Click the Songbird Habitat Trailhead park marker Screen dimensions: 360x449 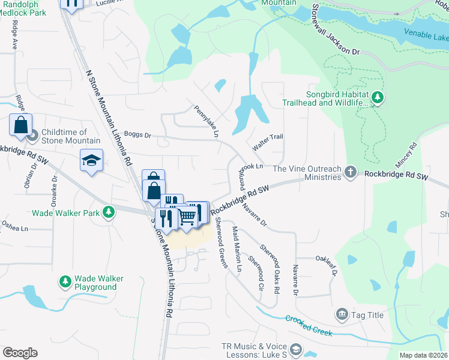click(x=377, y=97)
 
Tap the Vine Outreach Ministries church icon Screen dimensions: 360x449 click(x=351, y=173)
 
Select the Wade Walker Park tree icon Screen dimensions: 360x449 click(x=109, y=212)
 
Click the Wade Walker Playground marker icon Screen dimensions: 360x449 click(x=65, y=281)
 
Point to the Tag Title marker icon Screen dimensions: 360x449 click(x=342, y=314)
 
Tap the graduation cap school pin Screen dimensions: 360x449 click(x=91, y=160)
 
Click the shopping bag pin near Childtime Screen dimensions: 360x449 click(x=20, y=125)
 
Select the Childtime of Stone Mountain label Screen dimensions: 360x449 click(x=64, y=136)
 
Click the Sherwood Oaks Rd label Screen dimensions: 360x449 click(x=270, y=260)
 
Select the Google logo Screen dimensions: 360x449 click(x=20, y=353)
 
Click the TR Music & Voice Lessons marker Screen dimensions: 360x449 click(x=295, y=349)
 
